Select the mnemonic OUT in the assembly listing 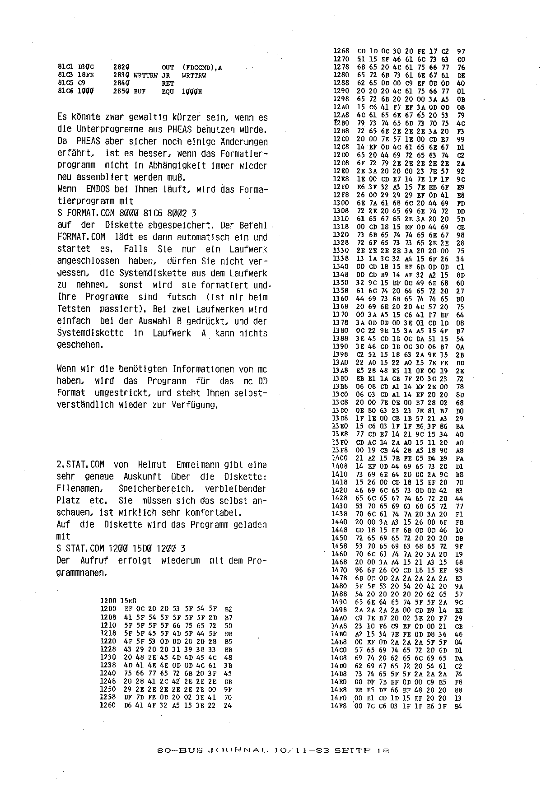click(168, 68)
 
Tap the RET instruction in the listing click(168, 83)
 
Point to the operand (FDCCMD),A click(202, 68)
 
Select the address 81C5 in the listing click(65, 83)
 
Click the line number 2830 click(121, 75)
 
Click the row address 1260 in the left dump click(108, 705)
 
